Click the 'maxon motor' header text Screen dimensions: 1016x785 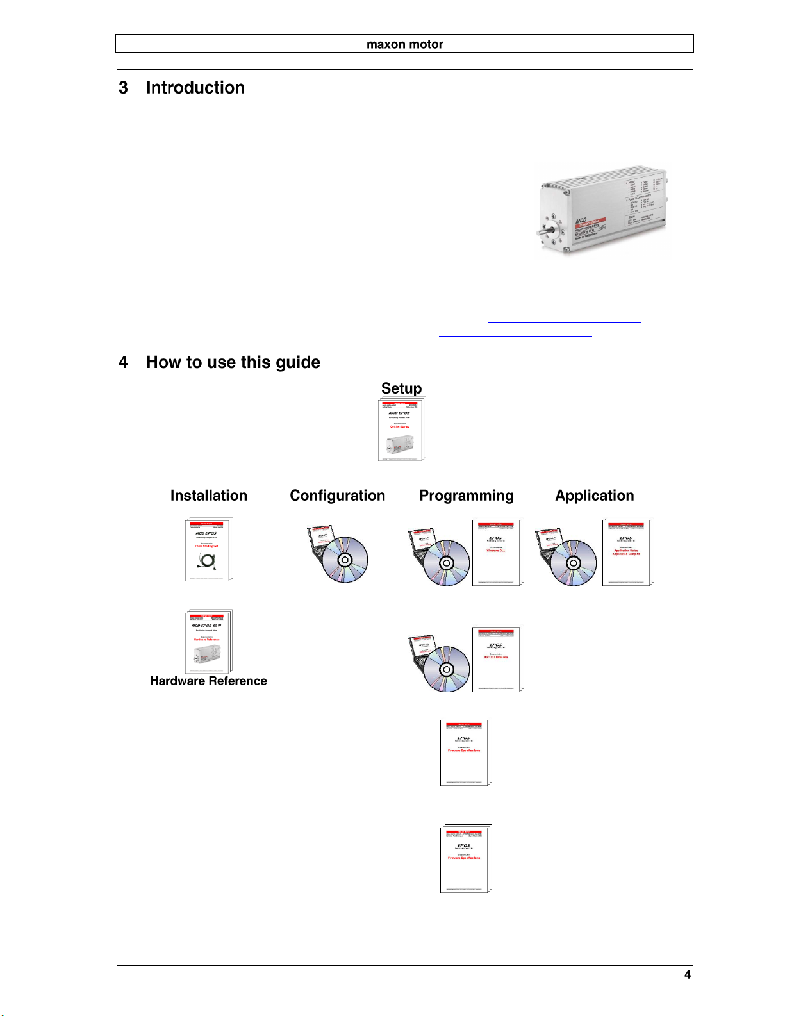pyautogui.click(x=404, y=44)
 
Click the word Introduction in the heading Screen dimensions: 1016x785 pyautogui.click(x=195, y=88)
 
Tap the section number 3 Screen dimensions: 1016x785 pyautogui.click(x=123, y=88)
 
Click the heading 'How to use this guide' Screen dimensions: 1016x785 pyautogui.click(x=233, y=362)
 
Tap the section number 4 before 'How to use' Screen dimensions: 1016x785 pyautogui.click(x=123, y=362)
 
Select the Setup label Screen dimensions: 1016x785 pyautogui.click(x=401, y=388)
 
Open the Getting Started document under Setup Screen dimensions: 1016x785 pyautogui.click(x=401, y=429)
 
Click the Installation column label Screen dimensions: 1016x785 pyautogui.click(x=208, y=496)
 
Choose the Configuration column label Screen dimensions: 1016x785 pyautogui.click(x=337, y=496)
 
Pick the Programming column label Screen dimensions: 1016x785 pyautogui.click(x=466, y=496)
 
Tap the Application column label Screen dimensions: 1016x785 pyautogui.click(x=594, y=496)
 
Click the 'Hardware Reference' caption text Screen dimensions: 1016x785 pyautogui.click(x=208, y=681)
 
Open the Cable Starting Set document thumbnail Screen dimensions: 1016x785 pyautogui.click(x=208, y=549)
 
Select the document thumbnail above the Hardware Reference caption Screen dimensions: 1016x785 pyautogui.click(x=208, y=641)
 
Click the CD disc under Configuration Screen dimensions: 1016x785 pyautogui.click(x=345, y=560)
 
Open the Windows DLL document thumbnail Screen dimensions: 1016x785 pyautogui.click(x=497, y=551)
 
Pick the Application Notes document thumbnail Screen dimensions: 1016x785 pyautogui.click(x=627, y=551)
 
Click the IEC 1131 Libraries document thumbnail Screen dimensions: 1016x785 pyautogui.click(x=497, y=658)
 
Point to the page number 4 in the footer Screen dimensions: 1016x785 pyautogui.click(x=688, y=975)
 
